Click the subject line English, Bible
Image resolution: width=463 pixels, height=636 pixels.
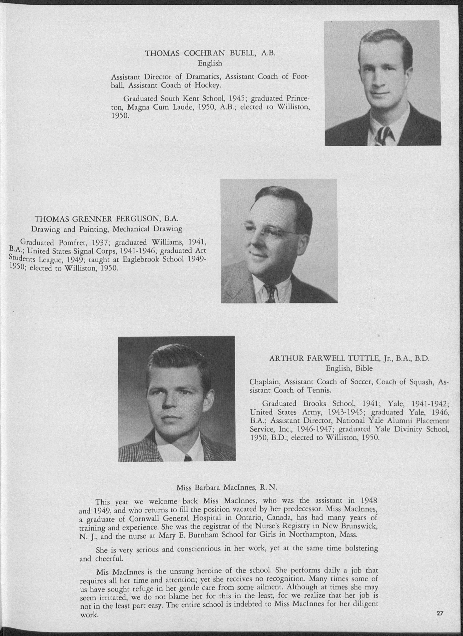click(x=349, y=369)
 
